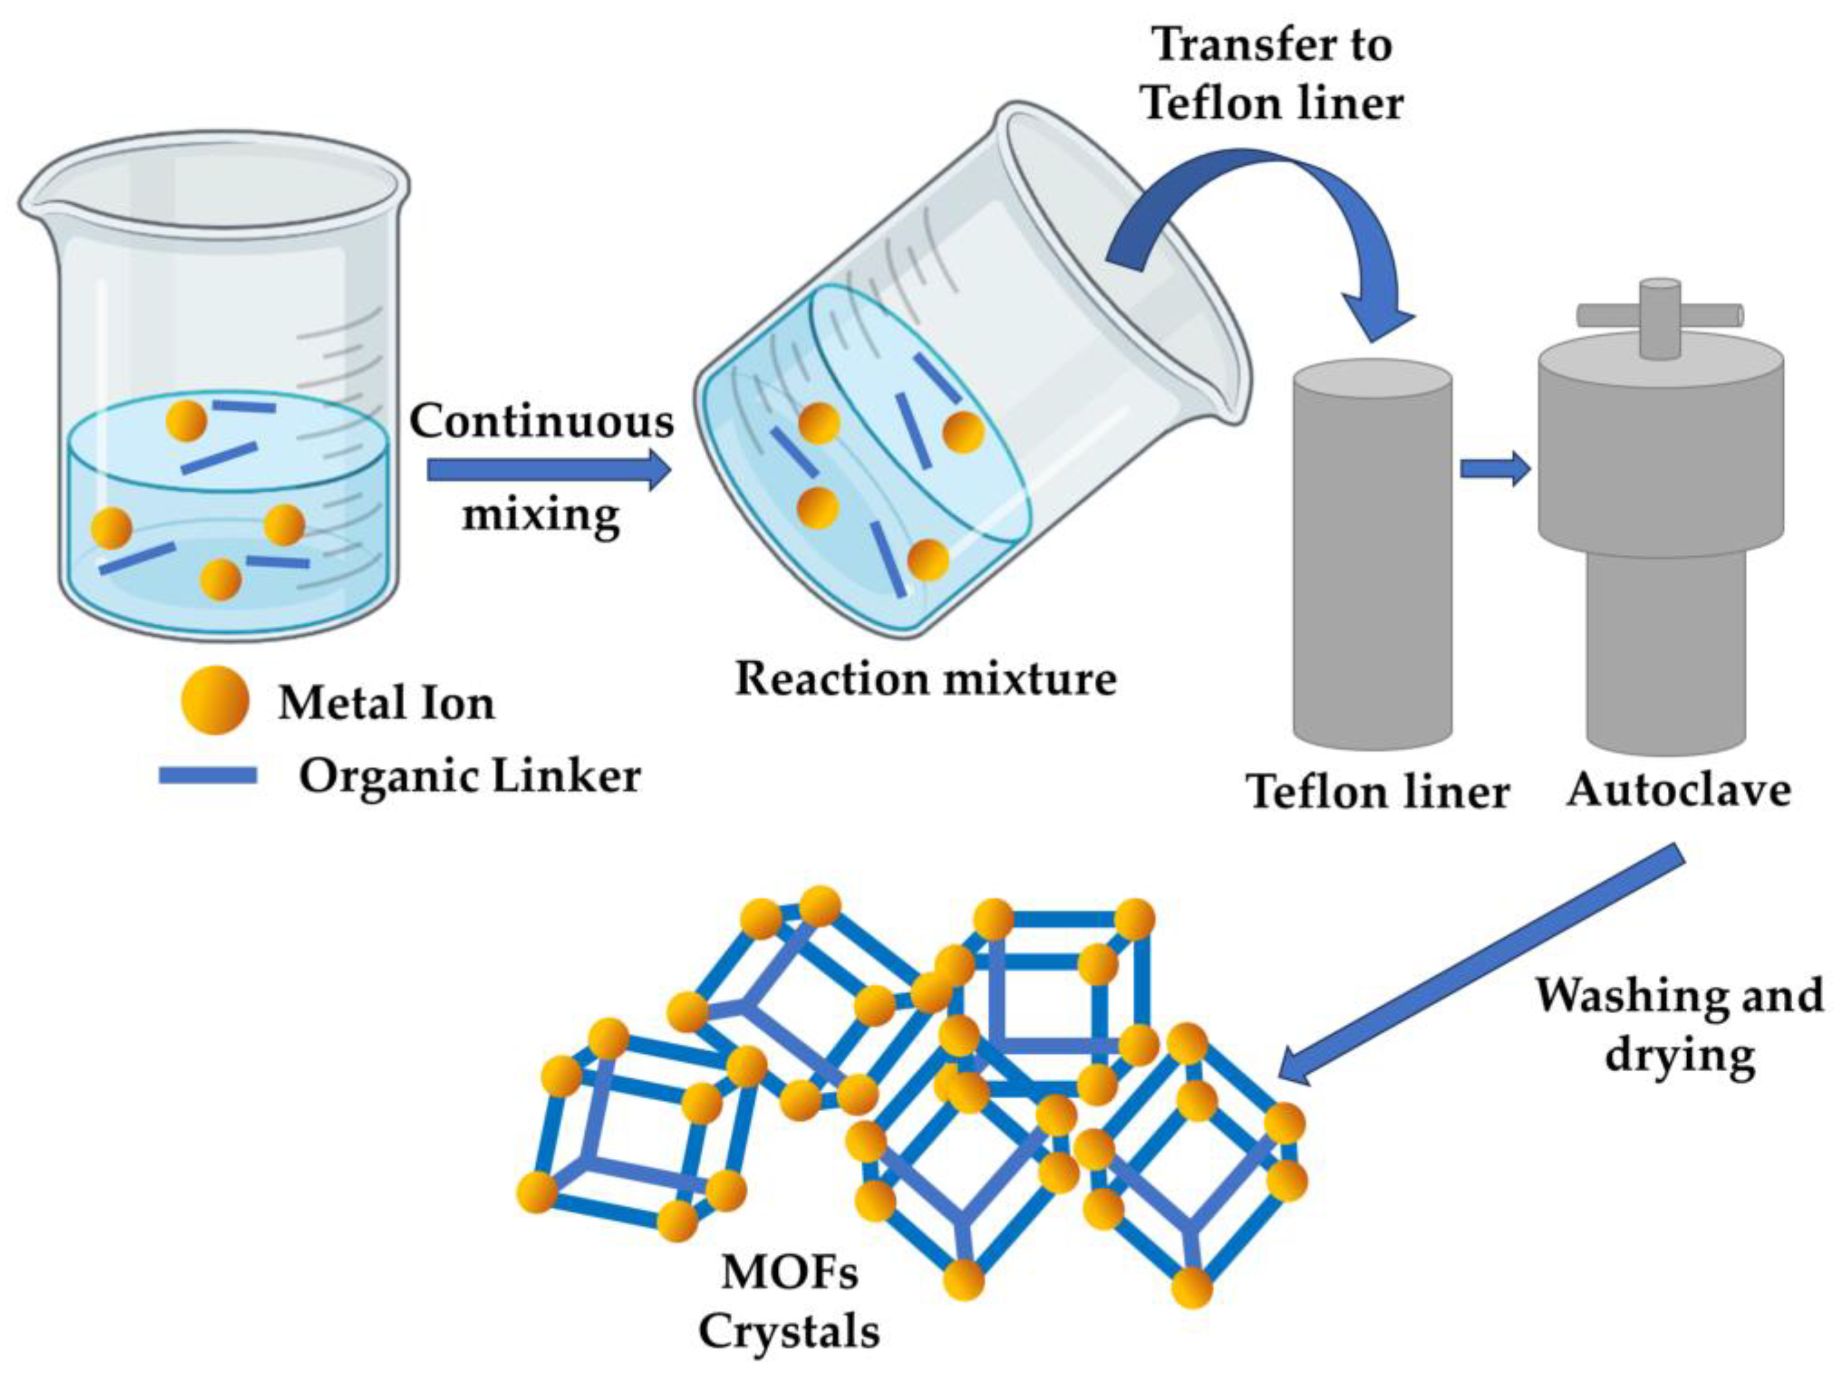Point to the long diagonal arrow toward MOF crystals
[1482, 966]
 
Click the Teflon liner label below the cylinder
[1377, 790]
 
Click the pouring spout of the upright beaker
[33, 204]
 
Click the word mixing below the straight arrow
[541, 514]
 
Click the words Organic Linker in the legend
[470, 777]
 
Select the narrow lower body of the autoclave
[1665, 649]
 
